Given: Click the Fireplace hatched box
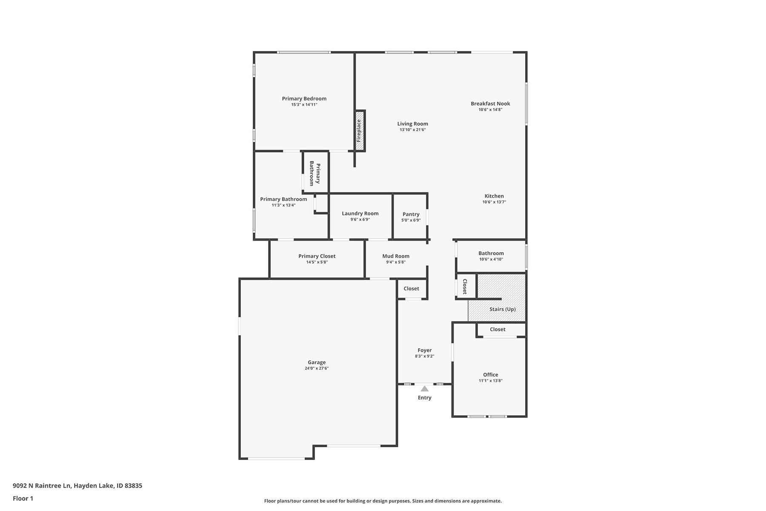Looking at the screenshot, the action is pyautogui.click(x=360, y=130).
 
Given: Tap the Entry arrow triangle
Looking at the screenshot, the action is pyautogui.click(x=425, y=388).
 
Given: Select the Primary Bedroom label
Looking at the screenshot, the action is pyautogui.click(x=304, y=99).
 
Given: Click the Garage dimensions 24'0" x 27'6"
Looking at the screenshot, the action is pyautogui.click(x=317, y=368).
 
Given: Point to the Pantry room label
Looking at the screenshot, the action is pyautogui.click(x=411, y=214).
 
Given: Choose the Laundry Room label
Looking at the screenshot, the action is pyautogui.click(x=360, y=213).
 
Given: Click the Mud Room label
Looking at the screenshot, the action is pyautogui.click(x=396, y=256).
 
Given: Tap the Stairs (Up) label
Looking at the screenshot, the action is pyautogui.click(x=503, y=309).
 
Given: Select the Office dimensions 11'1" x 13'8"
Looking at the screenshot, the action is pyautogui.click(x=491, y=381).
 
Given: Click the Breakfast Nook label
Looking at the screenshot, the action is pyautogui.click(x=490, y=103).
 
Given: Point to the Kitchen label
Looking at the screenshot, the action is pyautogui.click(x=494, y=196).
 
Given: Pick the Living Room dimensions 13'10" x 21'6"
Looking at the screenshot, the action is pyautogui.click(x=413, y=130).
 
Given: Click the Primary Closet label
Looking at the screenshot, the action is pyautogui.click(x=317, y=256).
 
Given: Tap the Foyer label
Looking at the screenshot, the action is pyautogui.click(x=425, y=350).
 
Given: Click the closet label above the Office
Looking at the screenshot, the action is pyautogui.click(x=497, y=329).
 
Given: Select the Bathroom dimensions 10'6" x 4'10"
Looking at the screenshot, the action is pyautogui.click(x=491, y=259).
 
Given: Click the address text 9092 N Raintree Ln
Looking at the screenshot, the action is pyautogui.click(x=43, y=485).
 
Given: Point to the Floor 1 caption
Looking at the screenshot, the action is pyautogui.click(x=23, y=498).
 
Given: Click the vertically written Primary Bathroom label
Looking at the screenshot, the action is pyautogui.click(x=315, y=173).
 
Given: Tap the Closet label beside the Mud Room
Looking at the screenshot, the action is pyautogui.click(x=412, y=288).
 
